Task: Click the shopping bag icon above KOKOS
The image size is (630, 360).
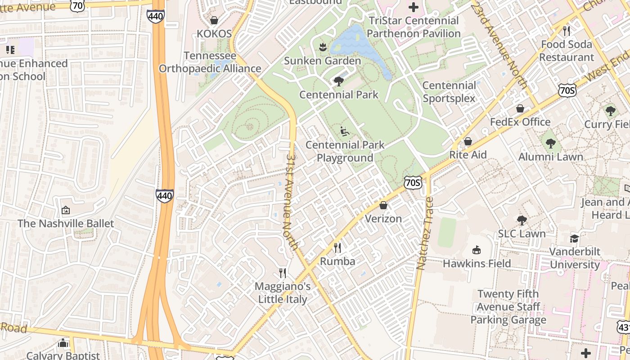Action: point(214,20)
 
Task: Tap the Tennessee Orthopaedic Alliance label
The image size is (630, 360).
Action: point(210,63)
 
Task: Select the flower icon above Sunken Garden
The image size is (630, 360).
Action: point(322,46)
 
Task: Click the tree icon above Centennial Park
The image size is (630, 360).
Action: point(338,81)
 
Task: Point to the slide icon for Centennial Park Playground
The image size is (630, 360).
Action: point(345,131)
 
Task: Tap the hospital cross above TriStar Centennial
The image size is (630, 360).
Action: point(413,7)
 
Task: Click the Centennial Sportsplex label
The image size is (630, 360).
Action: point(449,92)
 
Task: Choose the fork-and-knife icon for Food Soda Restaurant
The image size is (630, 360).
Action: point(567,31)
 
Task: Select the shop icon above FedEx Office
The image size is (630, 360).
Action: point(520,108)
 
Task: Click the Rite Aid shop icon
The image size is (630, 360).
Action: point(468,141)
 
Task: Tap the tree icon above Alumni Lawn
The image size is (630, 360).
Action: point(550,144)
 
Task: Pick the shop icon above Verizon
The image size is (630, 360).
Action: point(383,205)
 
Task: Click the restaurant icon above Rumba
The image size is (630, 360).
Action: point(337,247)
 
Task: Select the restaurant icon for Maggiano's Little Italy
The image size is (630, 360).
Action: point(283,273)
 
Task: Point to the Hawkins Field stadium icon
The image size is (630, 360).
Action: point(477,250)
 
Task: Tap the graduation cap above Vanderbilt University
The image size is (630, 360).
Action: point(575,238)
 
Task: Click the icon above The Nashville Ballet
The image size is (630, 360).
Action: point(66,210)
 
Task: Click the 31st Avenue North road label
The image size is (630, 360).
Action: point(292,202)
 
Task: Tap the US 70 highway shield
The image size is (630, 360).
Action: point(78,5)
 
